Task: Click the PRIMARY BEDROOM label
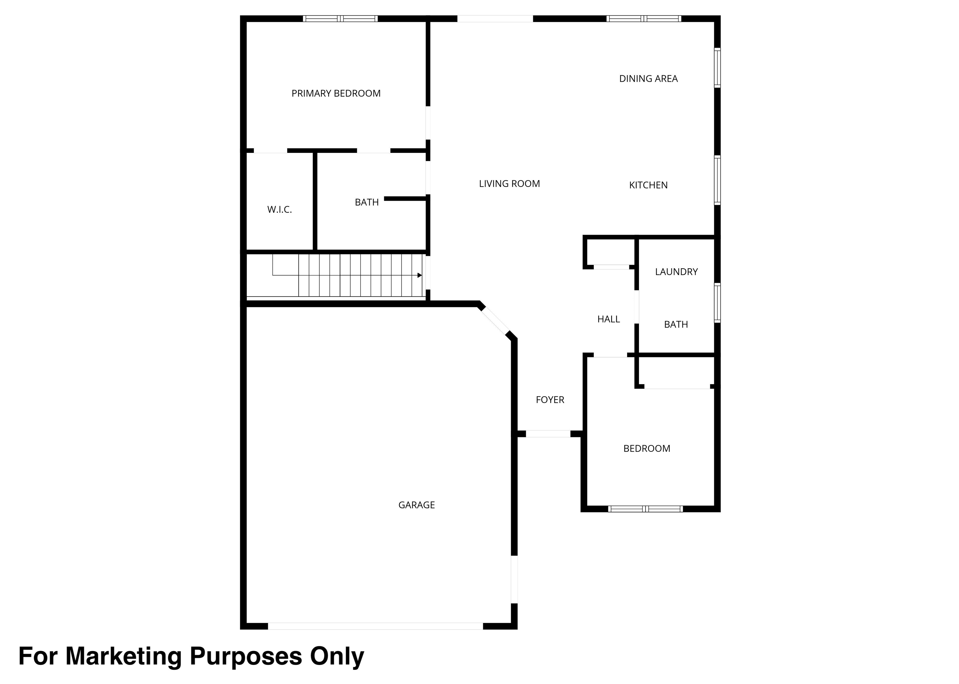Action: coord(336,94)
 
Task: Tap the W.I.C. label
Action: coord(279,210)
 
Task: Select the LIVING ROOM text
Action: coord(509,184)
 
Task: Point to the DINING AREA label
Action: coord(648,79)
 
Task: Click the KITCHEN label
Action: coord(648,185)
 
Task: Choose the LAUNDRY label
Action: coord(676,272)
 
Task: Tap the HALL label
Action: coord(609,320)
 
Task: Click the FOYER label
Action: coord(550,400)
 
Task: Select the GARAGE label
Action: coord(416,505)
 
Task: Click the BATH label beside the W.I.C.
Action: coord(367,203)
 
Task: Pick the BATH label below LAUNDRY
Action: coord(676,325)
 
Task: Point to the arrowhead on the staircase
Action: coord(420,275)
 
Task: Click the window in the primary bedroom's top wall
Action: coord(340,18)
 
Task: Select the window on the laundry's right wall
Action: coord(717,303)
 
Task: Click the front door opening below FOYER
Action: coord(548,434)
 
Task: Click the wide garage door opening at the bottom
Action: coord(375,626)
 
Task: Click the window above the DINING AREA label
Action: coord(644,18)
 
